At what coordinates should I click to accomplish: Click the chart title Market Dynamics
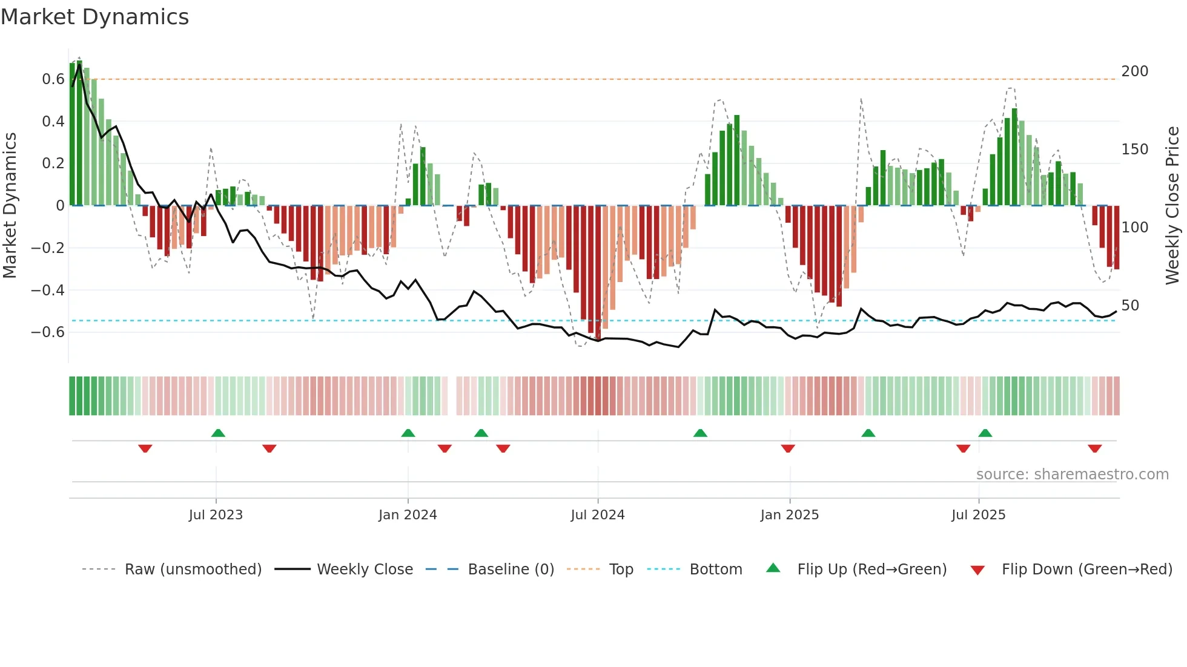click(x=95, y=17)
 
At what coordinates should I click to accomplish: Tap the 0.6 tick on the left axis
click(x=53, y=79)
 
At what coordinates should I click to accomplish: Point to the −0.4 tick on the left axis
click(x=48, y=291)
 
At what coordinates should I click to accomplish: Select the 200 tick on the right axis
click(x=1134, y=71)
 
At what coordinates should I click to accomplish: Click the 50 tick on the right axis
click(x=1129, y=306)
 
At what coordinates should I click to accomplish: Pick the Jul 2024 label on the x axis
click(x=597, y=515)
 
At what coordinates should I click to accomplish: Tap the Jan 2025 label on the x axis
click(x=789, y=515)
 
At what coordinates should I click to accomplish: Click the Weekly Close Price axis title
click(x=1172, y=206)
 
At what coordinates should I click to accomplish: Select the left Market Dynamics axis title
click(x=10, y=206)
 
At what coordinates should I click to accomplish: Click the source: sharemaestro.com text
click(x=1072, y=475)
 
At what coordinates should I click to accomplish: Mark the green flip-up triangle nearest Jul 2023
click(x=218, y=433)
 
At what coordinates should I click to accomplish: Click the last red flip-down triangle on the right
click(x=1094, y=448)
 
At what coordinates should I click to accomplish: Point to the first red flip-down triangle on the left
click(x=145, y=448)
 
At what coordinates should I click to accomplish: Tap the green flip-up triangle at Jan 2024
click(x=408, y=433)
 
